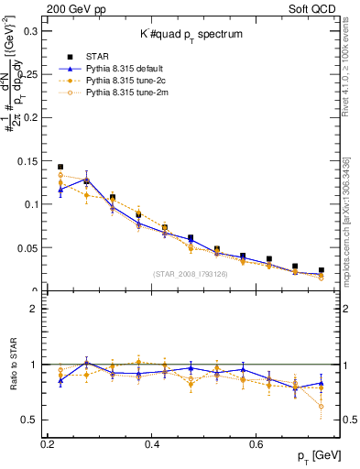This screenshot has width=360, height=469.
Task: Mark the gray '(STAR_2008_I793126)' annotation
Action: [x=191, y=273]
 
